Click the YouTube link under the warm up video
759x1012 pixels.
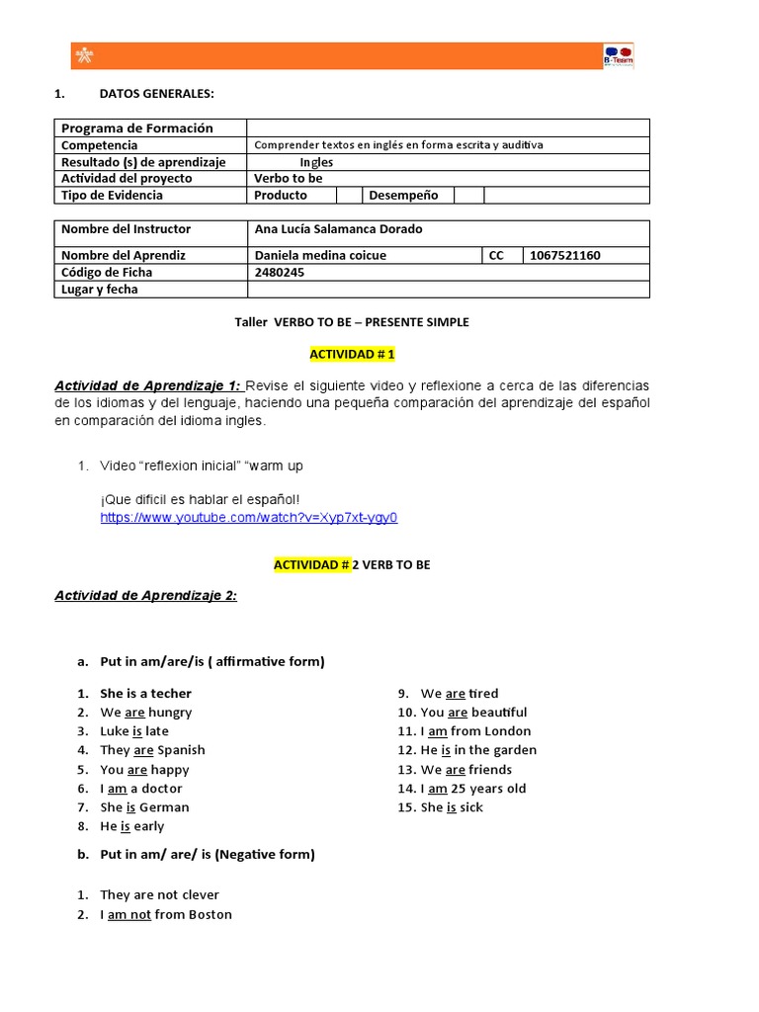(248, 518)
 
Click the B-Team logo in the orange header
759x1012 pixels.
(619, 56)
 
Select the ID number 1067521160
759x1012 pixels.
(564, 255)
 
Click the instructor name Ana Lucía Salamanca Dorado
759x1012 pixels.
(338, 229)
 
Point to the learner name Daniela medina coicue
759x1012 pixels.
(320, 255)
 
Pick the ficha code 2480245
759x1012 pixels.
(280, 272)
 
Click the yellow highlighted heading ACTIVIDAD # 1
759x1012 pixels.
(352, 354)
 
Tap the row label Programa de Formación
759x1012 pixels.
(136, 127)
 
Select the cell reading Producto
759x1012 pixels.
(281, 195)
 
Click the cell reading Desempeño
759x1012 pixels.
(403, 195)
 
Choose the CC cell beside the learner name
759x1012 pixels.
(496, 255)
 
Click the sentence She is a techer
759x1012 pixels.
(145, 694)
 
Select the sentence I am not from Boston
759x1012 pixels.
(165, 915)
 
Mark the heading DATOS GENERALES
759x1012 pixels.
(156, 94)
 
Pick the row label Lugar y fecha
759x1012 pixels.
(100, 290)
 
